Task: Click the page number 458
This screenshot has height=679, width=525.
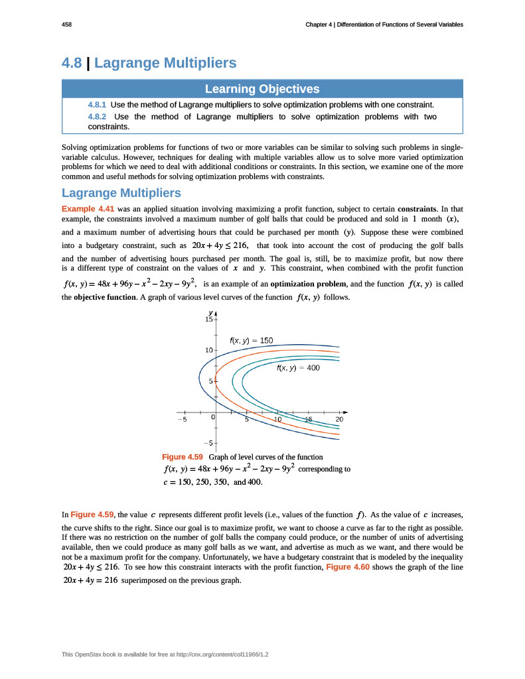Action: (x=66, y=25)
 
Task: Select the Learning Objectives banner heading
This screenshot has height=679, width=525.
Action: (x=262, y=89)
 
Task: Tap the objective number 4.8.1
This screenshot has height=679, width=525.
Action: (x=97, y=105)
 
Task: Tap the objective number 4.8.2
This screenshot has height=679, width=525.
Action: (x=97, y=117)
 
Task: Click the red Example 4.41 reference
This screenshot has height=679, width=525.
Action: (x=88, y=208)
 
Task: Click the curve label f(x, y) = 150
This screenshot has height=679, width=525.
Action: (x=251, y=340)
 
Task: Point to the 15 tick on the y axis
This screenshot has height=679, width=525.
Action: (x=208, y=320)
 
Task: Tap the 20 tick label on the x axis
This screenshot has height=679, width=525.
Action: (x=340, y=420)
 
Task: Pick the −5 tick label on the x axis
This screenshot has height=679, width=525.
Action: (x=182, y=420)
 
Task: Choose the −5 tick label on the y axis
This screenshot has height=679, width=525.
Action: (x=208, y=442)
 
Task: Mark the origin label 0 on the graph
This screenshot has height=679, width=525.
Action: (x=212, y=418)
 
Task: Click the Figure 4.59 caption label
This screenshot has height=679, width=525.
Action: (x=183, y=457)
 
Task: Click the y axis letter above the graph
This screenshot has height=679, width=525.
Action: (x=210, y=312)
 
